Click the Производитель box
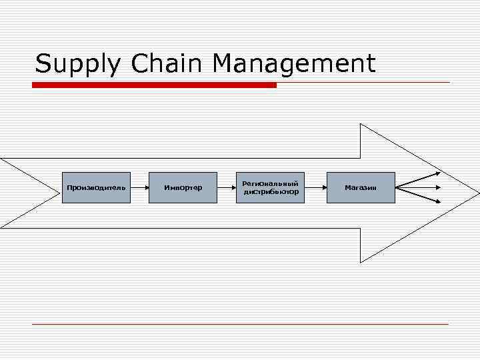(x=96, y=187)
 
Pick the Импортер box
(x=183, y=187)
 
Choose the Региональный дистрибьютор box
(x=270, y=187)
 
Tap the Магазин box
(x=361, y=187)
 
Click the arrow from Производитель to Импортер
(x=139, y=187)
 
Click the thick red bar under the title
(x=155, y=85)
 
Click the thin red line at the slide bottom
(x=240, y=324)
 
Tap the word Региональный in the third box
(x=270, y=183)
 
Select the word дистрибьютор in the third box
(x=271, y=192)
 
